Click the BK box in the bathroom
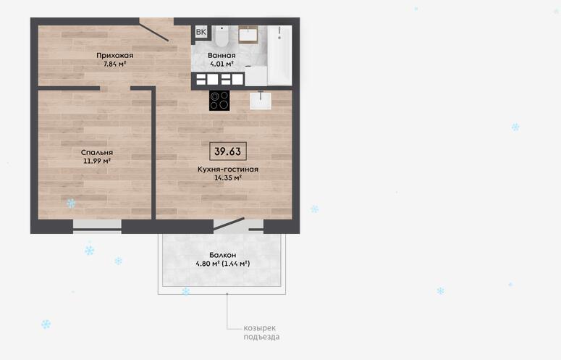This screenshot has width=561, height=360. (201, 32)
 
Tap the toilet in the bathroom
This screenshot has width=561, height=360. (222, 35)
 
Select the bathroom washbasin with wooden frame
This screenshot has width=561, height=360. (248, 35)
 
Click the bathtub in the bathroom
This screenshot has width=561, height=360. (280, 55)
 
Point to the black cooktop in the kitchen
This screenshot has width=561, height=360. (219, 101)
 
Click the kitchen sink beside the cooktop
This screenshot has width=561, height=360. (261, 100)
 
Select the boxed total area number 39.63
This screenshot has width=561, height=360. (228, 151)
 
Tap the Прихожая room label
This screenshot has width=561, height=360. (115, 56)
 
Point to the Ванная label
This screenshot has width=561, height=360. (222, 56)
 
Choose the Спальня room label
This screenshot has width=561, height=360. (97, 152)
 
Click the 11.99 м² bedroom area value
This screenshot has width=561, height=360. (97, 161)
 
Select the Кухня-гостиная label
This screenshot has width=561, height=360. (228, 169)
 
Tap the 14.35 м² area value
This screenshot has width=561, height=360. (228, 178)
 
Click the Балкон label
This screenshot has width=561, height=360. (222, 255)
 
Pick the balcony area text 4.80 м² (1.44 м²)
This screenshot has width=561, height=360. (222, 264)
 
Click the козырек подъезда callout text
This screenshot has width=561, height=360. (261, 332)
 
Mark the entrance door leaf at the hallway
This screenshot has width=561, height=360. (154, 32)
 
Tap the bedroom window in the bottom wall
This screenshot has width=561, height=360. (97, 226)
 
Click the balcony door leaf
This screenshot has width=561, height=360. (229, 223)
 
